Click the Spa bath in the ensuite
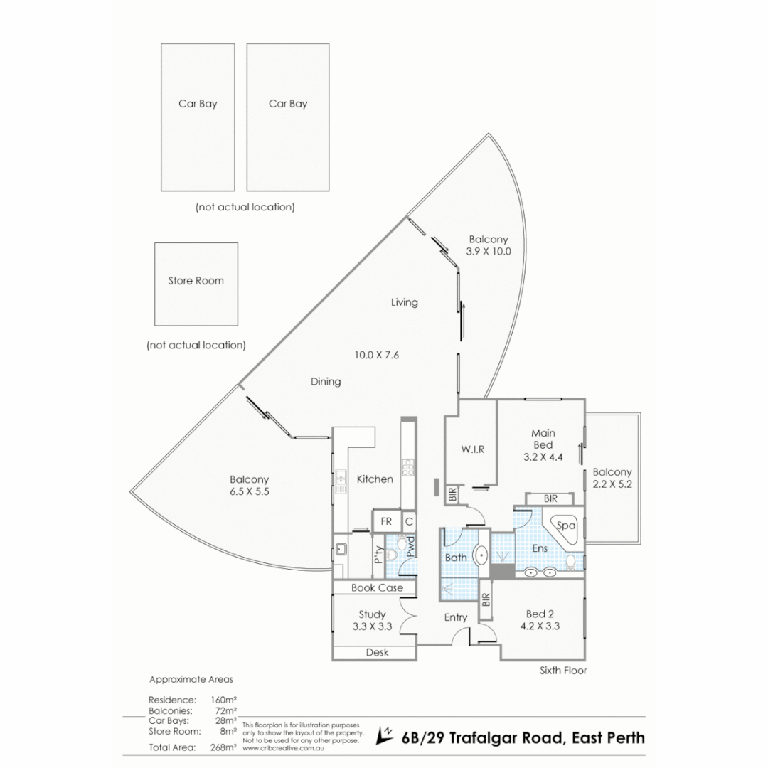click(565, 527)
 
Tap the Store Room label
click(196, 280)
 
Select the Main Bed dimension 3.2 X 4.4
click(543, 457)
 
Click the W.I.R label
click(473, 449)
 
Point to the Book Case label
click(377, 588)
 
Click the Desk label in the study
click(377, 652)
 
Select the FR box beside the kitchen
click(386, 521)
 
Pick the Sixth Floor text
click(563, 670)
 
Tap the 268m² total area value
click(224, 747)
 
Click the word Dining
click(326, 382)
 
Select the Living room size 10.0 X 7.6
click(377, 354)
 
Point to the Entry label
click(456, 617)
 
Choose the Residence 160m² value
click(224, 700)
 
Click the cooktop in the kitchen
click(408, 467)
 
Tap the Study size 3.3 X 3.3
click(372, 627)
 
